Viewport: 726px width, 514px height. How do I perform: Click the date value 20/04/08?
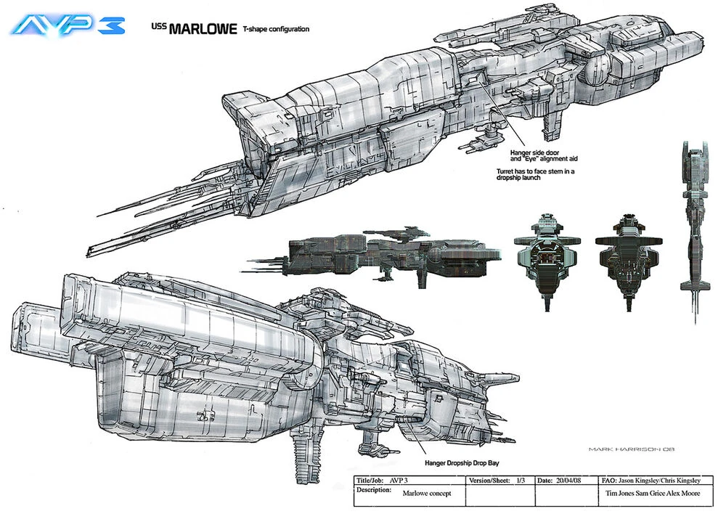point(571,481)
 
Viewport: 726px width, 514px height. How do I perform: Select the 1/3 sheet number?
point(521,481)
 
